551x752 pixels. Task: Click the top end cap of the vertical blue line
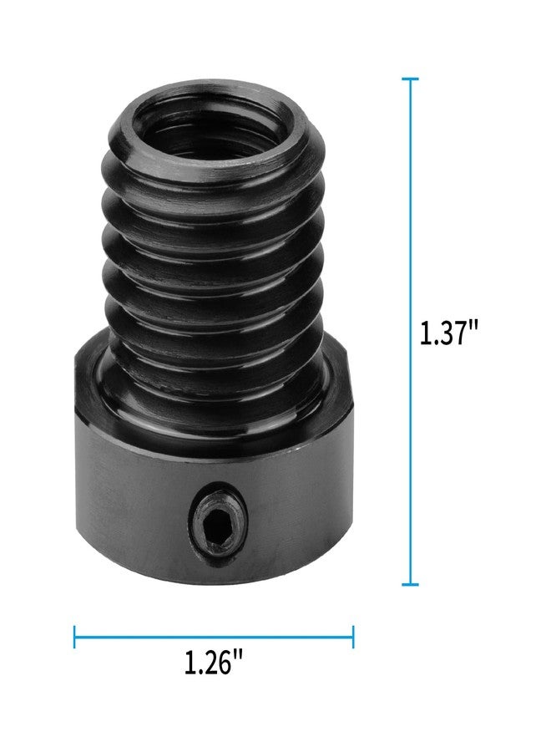pyautogui.click(x=409, y=79)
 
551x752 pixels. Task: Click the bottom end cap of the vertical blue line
pyautogui.click(x=409, y=584)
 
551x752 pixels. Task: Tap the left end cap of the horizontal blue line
pyautogui.click(x=75, y=637)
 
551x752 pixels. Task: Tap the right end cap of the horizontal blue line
pyautogui.click(x=353, y=637)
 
